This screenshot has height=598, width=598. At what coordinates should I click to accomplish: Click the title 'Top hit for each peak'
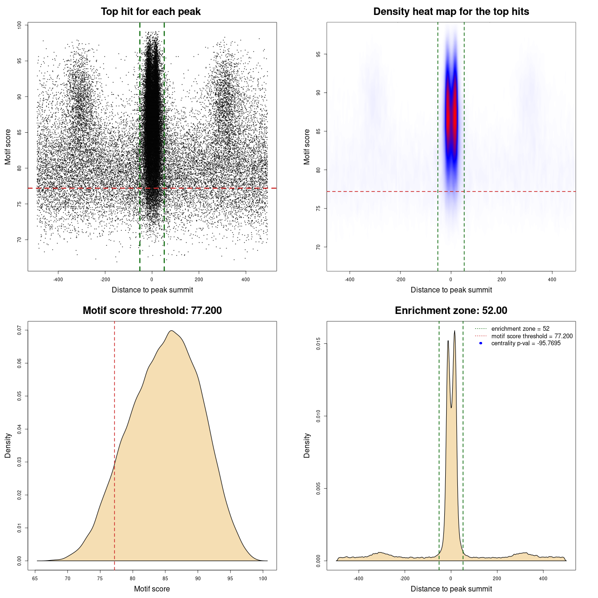pos(150,12)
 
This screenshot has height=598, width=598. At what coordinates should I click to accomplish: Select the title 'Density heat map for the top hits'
pos(451,12)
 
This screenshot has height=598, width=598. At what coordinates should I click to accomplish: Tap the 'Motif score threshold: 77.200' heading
pos(152,311)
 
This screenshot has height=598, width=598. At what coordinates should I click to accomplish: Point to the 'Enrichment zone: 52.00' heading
pos(451,311)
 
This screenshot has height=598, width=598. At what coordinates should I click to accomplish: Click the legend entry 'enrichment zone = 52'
pos(520,329)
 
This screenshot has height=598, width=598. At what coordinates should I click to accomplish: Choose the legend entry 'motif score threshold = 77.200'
pos(532,336)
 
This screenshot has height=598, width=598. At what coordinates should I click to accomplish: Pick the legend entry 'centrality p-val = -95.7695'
pos(526,343)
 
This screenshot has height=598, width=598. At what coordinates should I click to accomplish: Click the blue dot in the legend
pos(481,343)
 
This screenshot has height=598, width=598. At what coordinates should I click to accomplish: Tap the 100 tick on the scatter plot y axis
pos(19,25)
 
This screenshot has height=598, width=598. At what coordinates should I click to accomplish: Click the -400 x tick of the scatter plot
pos(58,279)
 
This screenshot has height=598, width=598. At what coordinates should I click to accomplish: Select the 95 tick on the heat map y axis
pos(318,54)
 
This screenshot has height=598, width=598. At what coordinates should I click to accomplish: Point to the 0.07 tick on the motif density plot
pos(19,330)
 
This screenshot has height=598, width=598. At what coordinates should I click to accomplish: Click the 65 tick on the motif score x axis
pos(35,578)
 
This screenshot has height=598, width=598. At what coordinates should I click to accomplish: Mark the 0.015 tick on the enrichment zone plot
pos(318,344)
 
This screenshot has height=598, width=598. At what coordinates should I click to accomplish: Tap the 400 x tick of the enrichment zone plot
pos(543,578)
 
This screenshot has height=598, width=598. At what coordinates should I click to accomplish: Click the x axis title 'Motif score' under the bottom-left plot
pos(152,589)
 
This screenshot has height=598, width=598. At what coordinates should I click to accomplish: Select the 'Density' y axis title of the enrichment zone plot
pos(307,445)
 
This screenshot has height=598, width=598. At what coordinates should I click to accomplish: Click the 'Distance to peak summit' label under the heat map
pos(451,290)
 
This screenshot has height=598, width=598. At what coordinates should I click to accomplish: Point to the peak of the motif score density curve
pos(172,331)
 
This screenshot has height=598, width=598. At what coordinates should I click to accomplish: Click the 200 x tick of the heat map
pos(501,279)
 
